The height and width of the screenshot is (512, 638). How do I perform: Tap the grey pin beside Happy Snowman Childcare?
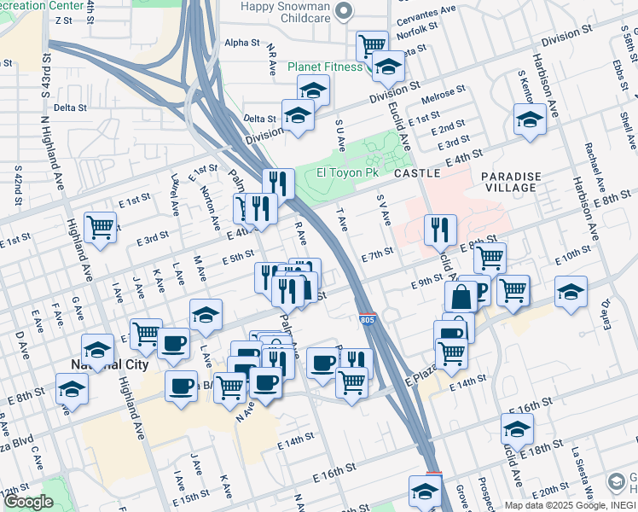[343, 11]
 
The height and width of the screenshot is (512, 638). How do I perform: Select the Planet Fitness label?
[324, 67]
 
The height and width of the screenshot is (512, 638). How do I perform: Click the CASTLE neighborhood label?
[417, 173]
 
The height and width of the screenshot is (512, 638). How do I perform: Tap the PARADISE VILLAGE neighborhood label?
[509, 181]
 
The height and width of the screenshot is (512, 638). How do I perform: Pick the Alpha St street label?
[241, 43]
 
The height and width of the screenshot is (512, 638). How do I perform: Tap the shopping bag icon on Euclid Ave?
[461, 296]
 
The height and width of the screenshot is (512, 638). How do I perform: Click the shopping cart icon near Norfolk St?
[372, 44]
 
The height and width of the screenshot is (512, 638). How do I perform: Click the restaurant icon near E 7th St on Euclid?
[440, 228]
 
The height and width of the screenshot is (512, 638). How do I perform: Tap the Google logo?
[28, 502]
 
